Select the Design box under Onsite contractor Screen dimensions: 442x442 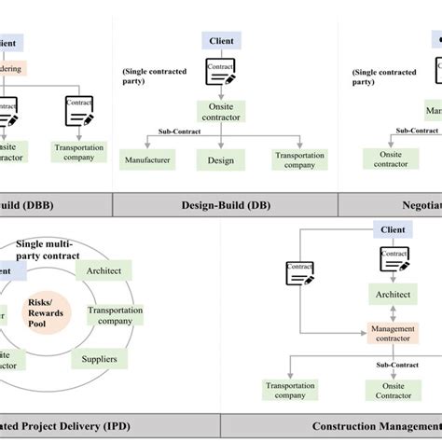pyautogui.click(x=220, y=160)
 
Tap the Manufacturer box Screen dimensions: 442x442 pyautogui.click(x=148, y=160)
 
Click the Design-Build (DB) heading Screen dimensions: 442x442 pyautogui.click(x=222, y=204)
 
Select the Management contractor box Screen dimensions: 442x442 pyautogui.click(x=393, y=333)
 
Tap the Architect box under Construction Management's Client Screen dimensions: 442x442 pyautogui.click(x=394, y=295)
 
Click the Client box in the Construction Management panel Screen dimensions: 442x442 pyautogui.click(x=393, y=229)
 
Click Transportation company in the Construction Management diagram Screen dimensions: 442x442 pyautogui.click(x=290, y=390)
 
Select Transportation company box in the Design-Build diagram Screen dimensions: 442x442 pyautogui.click(x=299, y=160)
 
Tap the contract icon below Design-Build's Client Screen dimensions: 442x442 pyautogui.click(x=220, y=73)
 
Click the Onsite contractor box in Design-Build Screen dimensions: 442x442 pyautogui.click(x=220, y=113)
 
